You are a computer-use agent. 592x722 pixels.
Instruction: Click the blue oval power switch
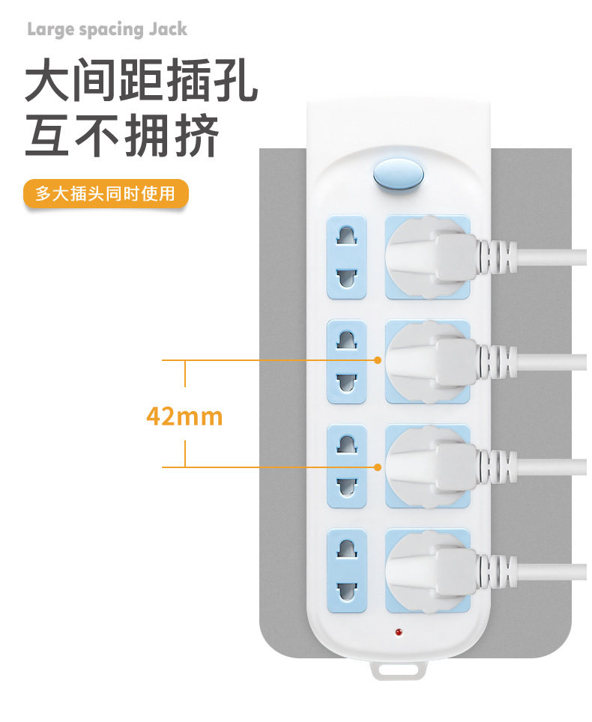coord(399,175)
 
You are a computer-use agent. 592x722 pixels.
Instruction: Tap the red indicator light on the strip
coord(399,632)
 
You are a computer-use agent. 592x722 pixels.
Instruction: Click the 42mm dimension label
coord(184,416)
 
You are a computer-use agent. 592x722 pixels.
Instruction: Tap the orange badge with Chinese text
coord(106,193)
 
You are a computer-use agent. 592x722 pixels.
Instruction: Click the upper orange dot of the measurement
coord(378,360)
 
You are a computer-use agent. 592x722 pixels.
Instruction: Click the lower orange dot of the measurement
coord(378,467)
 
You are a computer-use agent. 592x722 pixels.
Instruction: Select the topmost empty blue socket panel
coord(346,258)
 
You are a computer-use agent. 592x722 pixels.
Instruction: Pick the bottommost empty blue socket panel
coord(346,571)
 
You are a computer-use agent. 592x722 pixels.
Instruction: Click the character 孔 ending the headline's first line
coord(236,79)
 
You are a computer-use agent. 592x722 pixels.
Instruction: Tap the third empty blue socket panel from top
coord(346,467)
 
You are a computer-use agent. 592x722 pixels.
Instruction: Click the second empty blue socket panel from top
coord(346,362)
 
